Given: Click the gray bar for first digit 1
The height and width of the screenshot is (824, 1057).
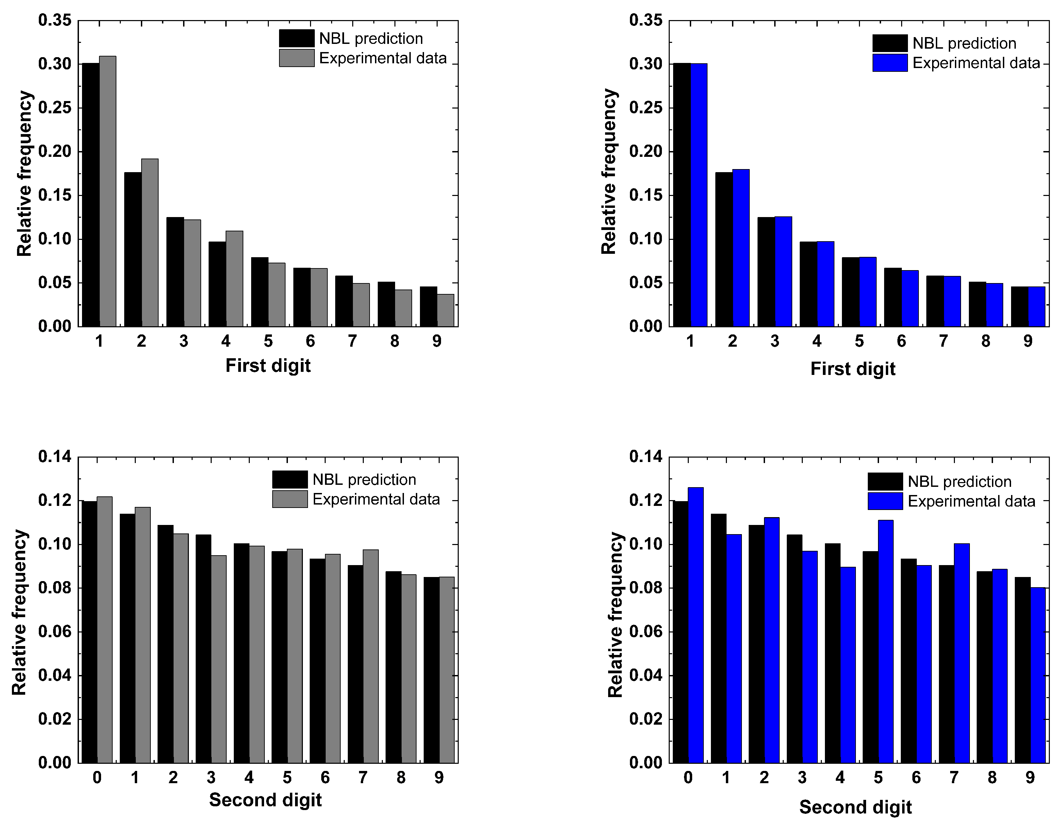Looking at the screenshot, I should (108, 191).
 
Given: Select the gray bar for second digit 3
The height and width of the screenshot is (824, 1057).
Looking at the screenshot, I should (219, 659).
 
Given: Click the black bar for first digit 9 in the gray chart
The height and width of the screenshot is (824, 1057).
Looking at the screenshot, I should (428, 307).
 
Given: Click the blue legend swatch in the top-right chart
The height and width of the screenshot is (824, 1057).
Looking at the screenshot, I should (890, 63).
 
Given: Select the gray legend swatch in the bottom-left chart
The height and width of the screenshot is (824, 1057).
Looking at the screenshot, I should (289, 499).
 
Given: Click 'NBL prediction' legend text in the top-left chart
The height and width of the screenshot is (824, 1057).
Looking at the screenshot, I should (371, 39).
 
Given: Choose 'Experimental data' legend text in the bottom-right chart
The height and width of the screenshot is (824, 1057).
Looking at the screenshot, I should (971, 501).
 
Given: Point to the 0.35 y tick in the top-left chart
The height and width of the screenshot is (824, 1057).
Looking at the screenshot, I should (55, 20).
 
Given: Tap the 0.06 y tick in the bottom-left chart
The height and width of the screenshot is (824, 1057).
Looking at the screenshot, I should (55, 631).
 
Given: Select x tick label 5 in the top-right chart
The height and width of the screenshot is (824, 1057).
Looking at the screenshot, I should (859, 341).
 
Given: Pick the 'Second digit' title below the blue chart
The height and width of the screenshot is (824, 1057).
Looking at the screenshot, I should (855, 807).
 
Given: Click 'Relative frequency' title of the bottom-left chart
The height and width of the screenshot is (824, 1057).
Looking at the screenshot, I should (19, 612).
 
